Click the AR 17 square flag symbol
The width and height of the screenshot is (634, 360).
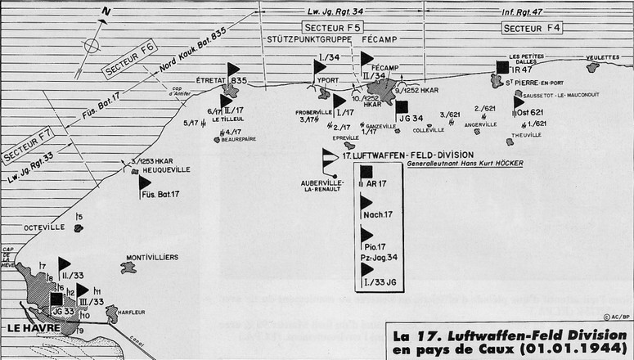(x=366, y=171)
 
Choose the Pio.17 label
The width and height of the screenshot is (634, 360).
(x=375, y=246)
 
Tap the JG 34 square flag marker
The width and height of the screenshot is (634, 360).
(x=402, y=106)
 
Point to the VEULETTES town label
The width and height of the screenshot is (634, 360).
(x=604, y=57)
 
